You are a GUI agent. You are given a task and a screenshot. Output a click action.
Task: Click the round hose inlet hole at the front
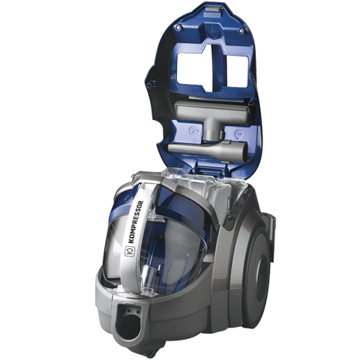click(x=129, y=325)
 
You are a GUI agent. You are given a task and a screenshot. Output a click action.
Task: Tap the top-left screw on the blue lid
click(x=178, y=27)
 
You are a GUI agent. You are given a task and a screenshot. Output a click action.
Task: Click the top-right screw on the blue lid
click(x=241, y=31)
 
